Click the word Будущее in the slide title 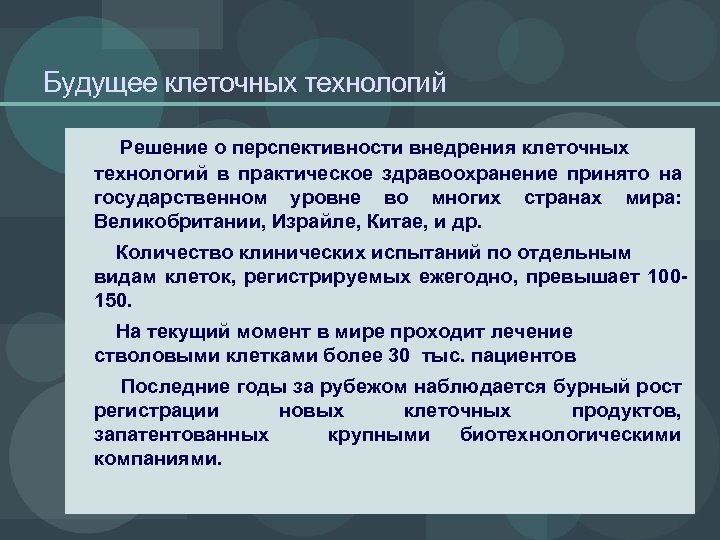coord(92,82)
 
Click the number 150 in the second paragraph coord(110,300)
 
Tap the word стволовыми coord(143,355)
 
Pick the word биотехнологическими coord(571,435)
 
